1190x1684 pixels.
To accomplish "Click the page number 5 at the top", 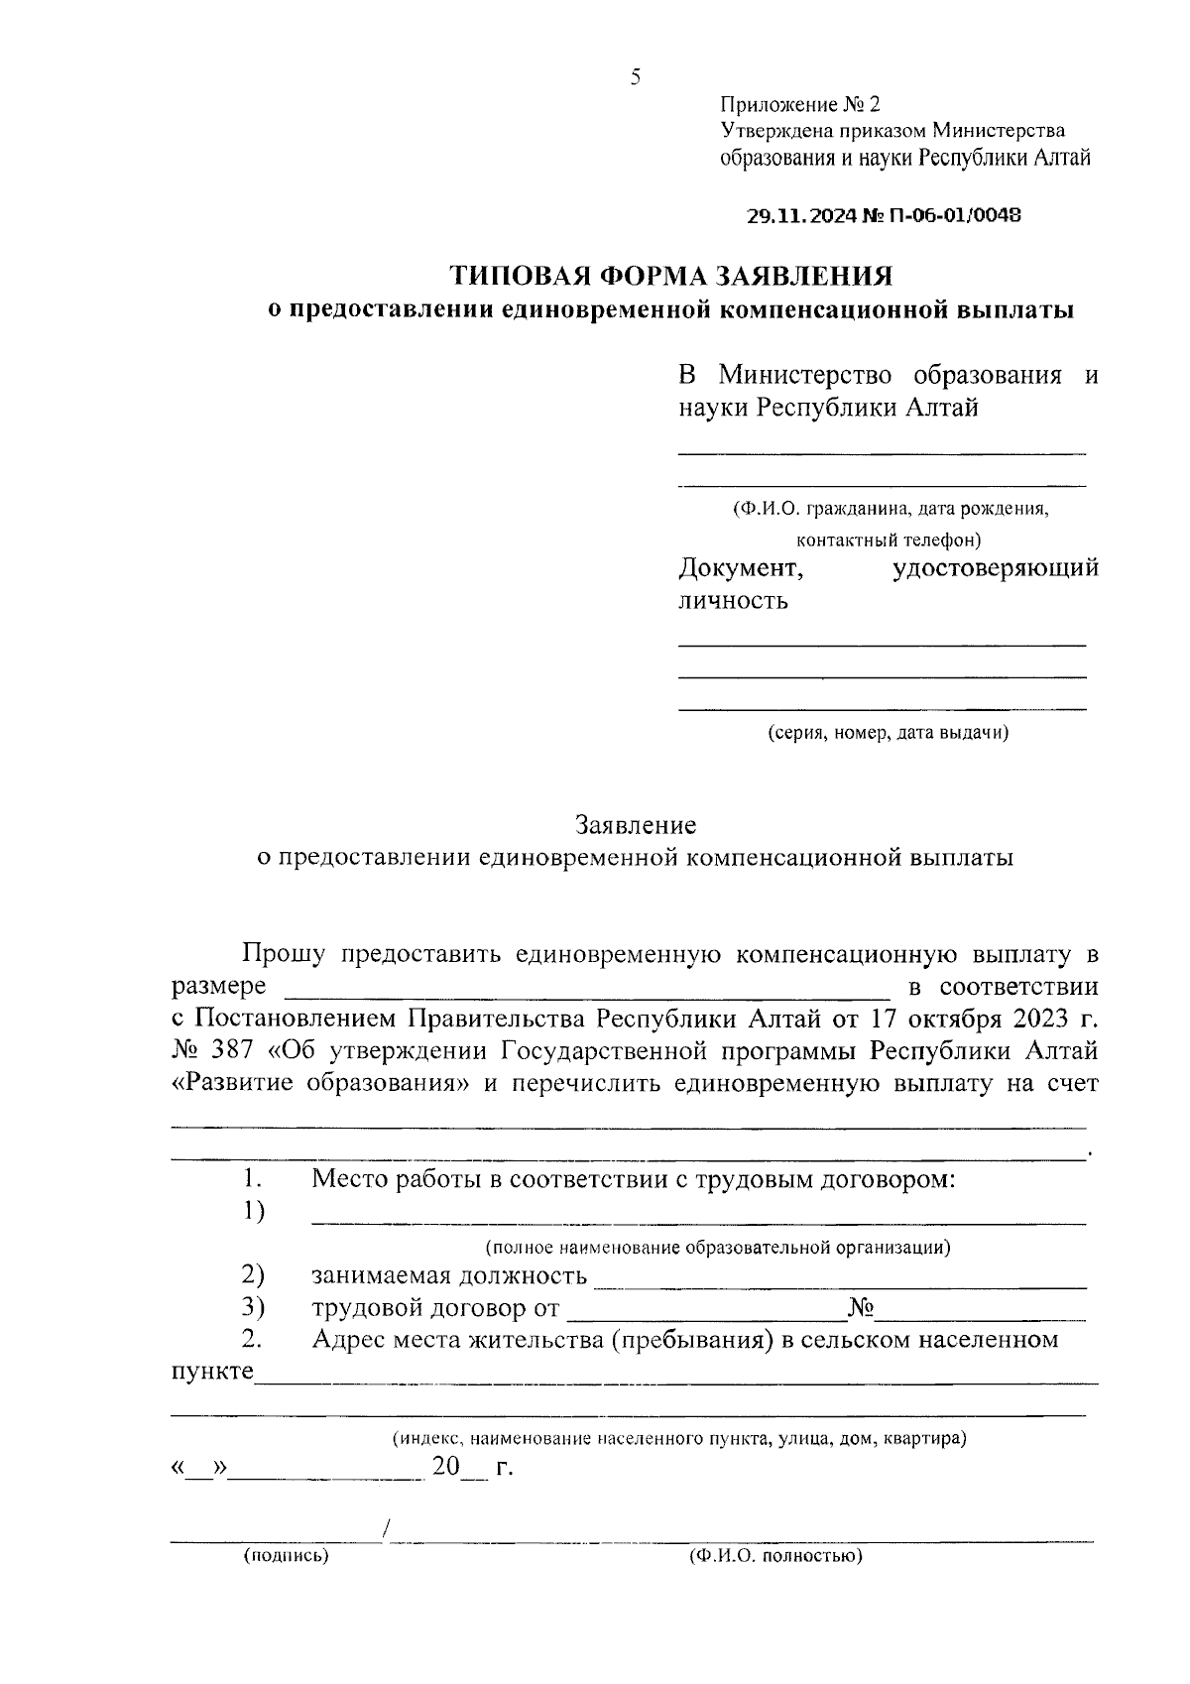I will tap(635, 77).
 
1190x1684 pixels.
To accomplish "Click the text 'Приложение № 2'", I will tap(799, 105).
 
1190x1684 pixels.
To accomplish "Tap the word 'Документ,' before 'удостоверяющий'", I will tap(740, 568).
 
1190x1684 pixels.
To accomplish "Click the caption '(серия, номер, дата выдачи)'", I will tap(888, 733).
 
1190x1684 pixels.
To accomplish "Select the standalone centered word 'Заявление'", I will tap(635, 825).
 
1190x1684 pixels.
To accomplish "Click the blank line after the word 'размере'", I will tap(587, 993).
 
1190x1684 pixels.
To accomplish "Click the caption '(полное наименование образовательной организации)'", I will tap(717, 1247).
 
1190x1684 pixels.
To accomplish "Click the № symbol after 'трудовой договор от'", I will tap(860, 1309).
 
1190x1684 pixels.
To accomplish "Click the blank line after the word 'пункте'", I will tap(674, 1379).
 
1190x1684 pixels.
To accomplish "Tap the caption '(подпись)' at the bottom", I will tap(286, 1556).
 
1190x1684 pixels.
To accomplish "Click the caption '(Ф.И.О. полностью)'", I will tap(775, 1556).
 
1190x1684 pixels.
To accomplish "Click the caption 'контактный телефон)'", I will tap(888, 541).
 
